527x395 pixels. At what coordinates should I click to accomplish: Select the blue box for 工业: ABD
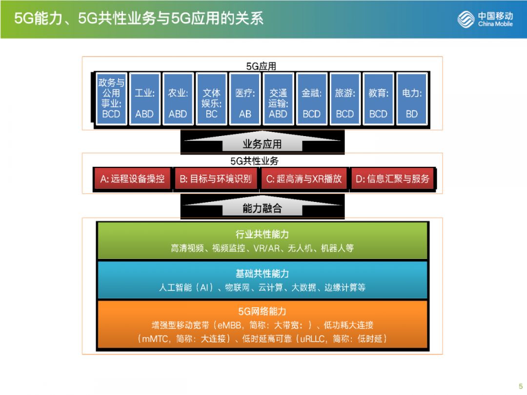coord(144,99)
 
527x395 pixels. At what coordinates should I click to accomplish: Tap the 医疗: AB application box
coord(245,99)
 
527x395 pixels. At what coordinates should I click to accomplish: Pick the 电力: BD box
coord(412,99)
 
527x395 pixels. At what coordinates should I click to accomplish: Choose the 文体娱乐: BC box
coord(211,99)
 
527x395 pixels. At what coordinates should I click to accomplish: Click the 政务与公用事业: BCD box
coord(111,99)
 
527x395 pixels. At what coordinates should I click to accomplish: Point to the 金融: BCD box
coord(311,99)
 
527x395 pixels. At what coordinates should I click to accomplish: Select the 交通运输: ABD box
coord(278,99)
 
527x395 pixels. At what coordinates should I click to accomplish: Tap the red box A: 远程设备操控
coord(132,179)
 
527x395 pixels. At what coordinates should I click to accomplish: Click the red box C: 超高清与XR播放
coord(304,179)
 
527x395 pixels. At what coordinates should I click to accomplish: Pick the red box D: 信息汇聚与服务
coord(392,179)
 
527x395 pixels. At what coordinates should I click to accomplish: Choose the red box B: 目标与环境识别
coord(216,179)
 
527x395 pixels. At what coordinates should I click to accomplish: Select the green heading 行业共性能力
coord(263,235)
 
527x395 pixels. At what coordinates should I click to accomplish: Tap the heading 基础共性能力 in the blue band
coord(263,274)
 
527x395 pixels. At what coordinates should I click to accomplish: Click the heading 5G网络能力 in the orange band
coord(263,311)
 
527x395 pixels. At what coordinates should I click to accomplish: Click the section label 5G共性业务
coord(255,161)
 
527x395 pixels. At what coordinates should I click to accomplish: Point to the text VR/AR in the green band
coord(266,248)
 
